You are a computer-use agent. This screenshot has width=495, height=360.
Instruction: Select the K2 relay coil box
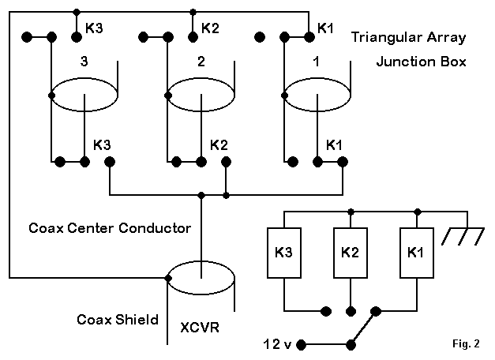(350, 253)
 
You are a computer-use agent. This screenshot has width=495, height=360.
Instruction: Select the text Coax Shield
(118, 320)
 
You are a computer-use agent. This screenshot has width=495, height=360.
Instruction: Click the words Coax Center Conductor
(110, 229)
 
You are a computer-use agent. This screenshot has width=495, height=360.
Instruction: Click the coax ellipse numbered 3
(84, 96)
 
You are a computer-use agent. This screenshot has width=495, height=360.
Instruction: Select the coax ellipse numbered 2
(202, 96)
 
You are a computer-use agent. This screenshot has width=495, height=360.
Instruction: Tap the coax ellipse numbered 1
(318, 96)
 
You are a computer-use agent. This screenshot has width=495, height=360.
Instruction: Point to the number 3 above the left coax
(84, 60)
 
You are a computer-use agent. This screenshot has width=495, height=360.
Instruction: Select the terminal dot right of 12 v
(304, 344)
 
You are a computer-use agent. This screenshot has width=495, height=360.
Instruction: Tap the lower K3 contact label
(103, 145)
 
